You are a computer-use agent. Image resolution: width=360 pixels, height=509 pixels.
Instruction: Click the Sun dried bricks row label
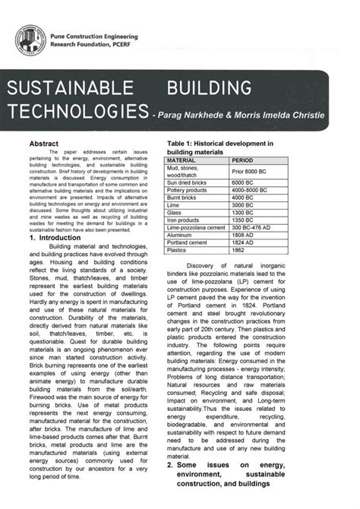coord(188,183)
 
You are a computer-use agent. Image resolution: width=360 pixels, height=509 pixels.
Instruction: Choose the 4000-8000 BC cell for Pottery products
coord(254,190)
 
